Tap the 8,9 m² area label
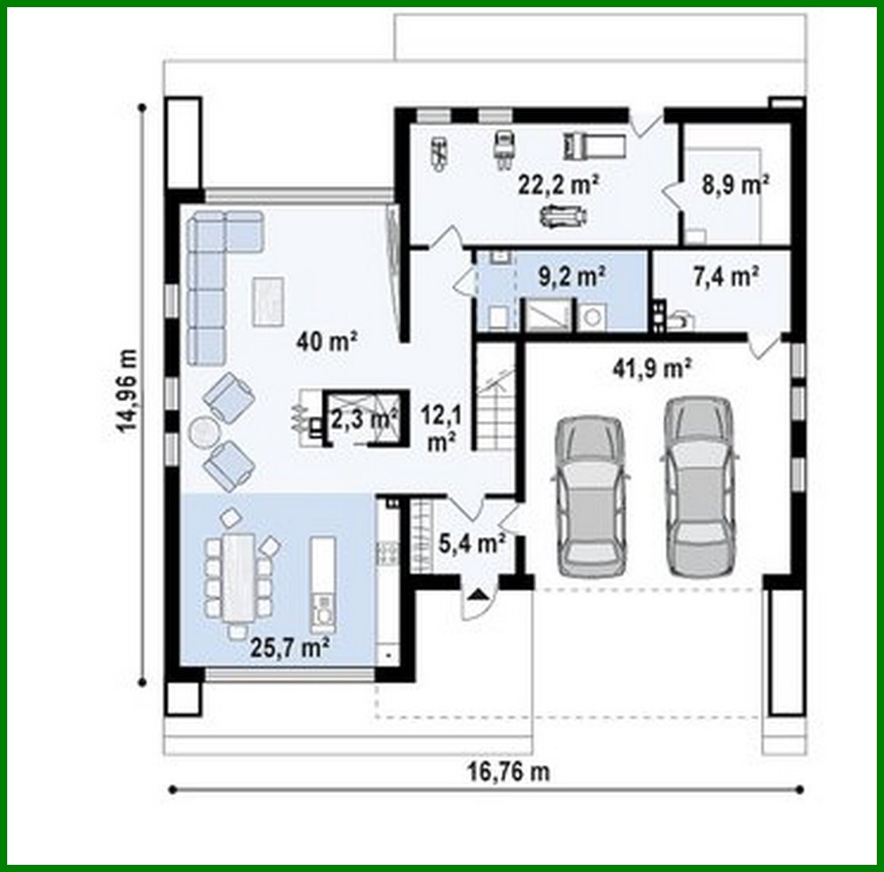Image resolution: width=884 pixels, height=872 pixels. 734,185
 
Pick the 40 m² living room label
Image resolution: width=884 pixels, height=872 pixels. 327,342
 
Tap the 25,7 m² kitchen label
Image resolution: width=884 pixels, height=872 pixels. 290,649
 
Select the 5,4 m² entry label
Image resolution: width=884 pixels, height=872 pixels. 473,544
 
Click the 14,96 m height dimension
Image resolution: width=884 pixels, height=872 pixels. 127,392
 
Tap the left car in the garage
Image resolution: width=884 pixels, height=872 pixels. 590,495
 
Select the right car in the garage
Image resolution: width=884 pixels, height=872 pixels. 699,484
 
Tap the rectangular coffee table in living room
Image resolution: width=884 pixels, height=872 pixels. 268,300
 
